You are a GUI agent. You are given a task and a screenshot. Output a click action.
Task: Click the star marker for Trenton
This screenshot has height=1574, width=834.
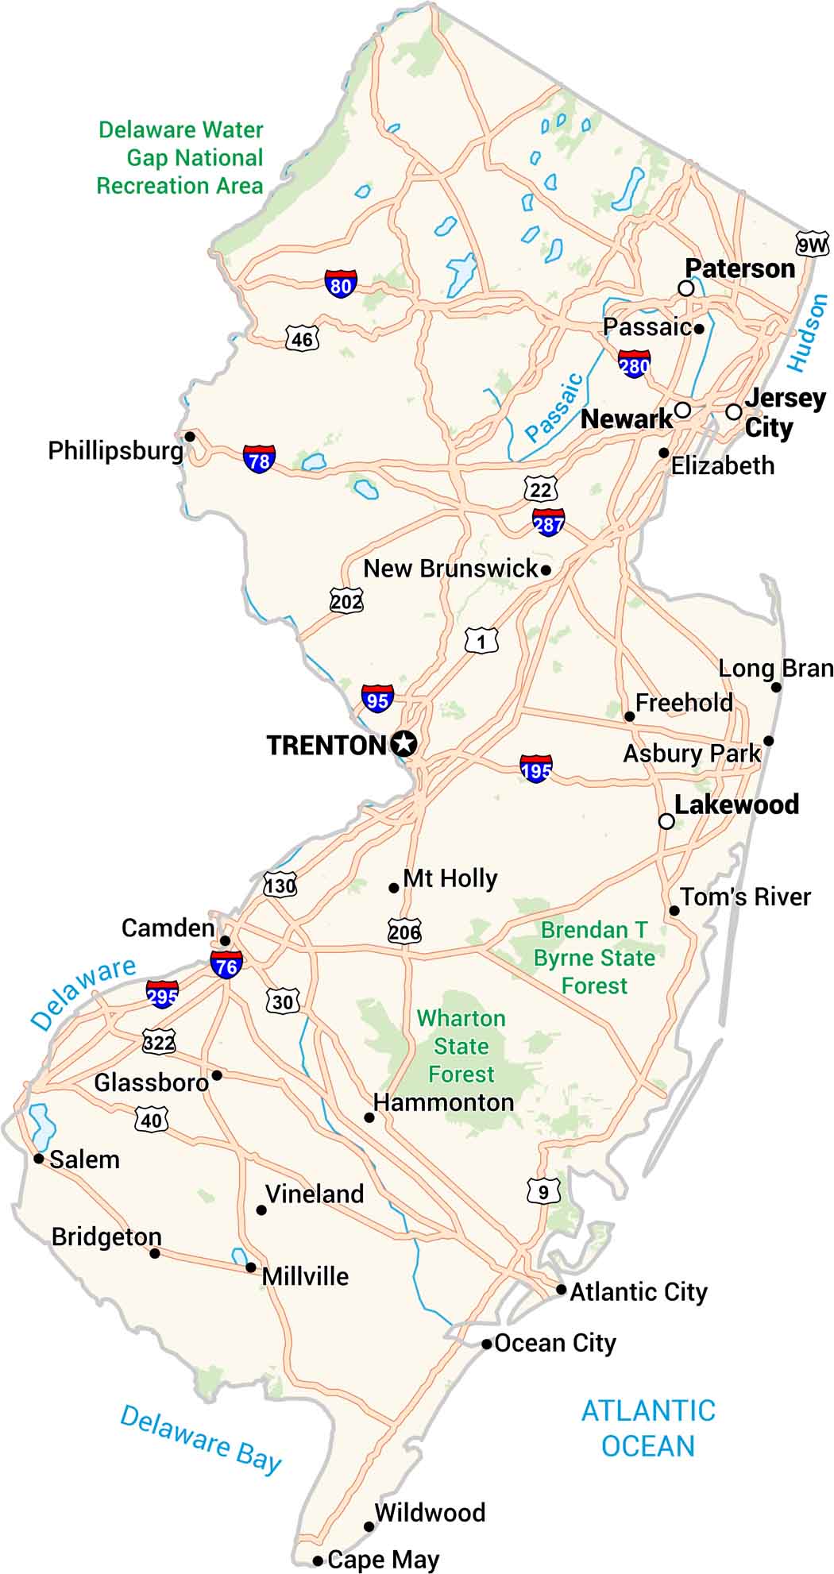[404, 744]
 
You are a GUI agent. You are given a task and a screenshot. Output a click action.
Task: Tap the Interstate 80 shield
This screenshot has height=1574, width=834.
[341, 284]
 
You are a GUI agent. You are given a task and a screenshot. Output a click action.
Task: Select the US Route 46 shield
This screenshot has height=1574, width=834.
[302, 339]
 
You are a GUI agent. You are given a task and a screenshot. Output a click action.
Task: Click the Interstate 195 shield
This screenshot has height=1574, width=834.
[536, 769]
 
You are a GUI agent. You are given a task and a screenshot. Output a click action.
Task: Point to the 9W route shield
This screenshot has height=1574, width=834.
[812, 245]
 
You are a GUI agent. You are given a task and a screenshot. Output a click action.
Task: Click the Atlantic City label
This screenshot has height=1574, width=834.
[638, 1292]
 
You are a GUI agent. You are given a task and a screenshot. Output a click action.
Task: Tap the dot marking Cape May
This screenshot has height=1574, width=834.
[318, 1560]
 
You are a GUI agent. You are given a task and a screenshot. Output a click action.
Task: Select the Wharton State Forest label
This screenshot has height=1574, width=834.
[461, 1046]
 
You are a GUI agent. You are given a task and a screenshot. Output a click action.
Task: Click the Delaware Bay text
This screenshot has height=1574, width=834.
[201, 1439]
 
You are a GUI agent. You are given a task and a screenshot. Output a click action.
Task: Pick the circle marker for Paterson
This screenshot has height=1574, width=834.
[686, 288]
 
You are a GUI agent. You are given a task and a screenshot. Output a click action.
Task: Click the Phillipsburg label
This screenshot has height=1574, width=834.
[115, 451]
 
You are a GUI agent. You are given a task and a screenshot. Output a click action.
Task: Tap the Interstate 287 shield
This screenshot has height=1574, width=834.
[549, 522]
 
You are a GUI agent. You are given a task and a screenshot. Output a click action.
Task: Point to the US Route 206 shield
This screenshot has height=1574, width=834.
[404, 931]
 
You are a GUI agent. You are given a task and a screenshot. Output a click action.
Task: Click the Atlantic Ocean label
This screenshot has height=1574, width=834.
[648, 1428]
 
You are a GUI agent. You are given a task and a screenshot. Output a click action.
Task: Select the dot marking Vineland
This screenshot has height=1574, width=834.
[261, 1210]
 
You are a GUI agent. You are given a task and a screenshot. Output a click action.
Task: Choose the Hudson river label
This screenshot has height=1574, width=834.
[808, 333]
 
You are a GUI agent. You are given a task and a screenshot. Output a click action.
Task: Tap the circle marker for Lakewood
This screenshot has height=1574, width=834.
[667, 821]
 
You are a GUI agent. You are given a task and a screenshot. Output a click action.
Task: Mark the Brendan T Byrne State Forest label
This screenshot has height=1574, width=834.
[594, 958]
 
